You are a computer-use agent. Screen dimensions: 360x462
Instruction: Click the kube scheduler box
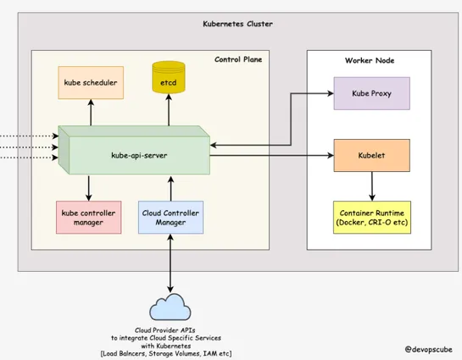tap(89, 83)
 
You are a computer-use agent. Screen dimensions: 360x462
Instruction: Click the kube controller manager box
tap(88, 218)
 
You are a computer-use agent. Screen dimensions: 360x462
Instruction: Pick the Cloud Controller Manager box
tap(170, 218)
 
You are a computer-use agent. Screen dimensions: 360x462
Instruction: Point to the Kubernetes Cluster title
tap(237, 25)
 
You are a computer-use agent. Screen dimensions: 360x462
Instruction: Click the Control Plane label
tap(237, 59)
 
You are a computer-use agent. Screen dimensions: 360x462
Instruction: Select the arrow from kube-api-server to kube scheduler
tap(89, 113)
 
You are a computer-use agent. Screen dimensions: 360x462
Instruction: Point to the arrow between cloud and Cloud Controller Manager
tap(170, 263)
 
